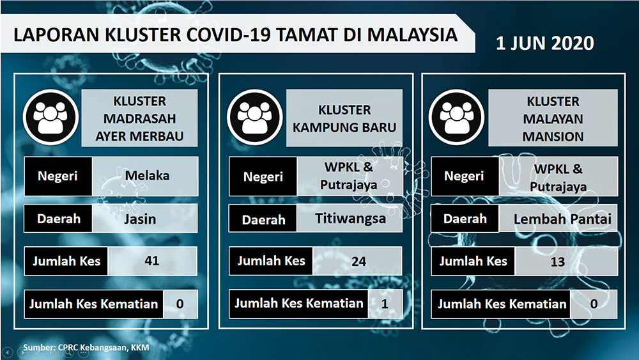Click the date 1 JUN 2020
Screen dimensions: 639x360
(545, 43)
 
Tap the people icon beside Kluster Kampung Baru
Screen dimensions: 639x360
(255, 118)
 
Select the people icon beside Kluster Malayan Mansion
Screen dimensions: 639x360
(456, 118)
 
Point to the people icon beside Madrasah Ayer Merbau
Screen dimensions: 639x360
(50, 118)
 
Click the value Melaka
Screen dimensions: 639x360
(147, 176)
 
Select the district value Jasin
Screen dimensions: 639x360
(140, 219)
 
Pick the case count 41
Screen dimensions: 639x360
(151, 260)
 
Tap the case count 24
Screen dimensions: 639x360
(358, 262)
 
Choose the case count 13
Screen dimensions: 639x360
(557, 262)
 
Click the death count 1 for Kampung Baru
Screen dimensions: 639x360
(384, 304)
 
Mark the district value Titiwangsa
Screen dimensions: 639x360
(350, 219)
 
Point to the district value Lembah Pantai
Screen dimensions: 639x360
(562, 219)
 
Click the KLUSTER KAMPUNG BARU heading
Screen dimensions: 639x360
(344, 119)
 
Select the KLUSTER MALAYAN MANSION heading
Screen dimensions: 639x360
(553, 119)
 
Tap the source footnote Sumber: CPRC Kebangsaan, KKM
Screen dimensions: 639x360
(86, 348)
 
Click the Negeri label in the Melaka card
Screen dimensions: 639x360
(58, 176)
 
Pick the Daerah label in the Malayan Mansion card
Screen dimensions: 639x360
(465, 219)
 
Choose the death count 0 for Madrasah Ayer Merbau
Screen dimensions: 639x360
(180, 304)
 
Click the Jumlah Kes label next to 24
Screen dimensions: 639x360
(272, 261)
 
